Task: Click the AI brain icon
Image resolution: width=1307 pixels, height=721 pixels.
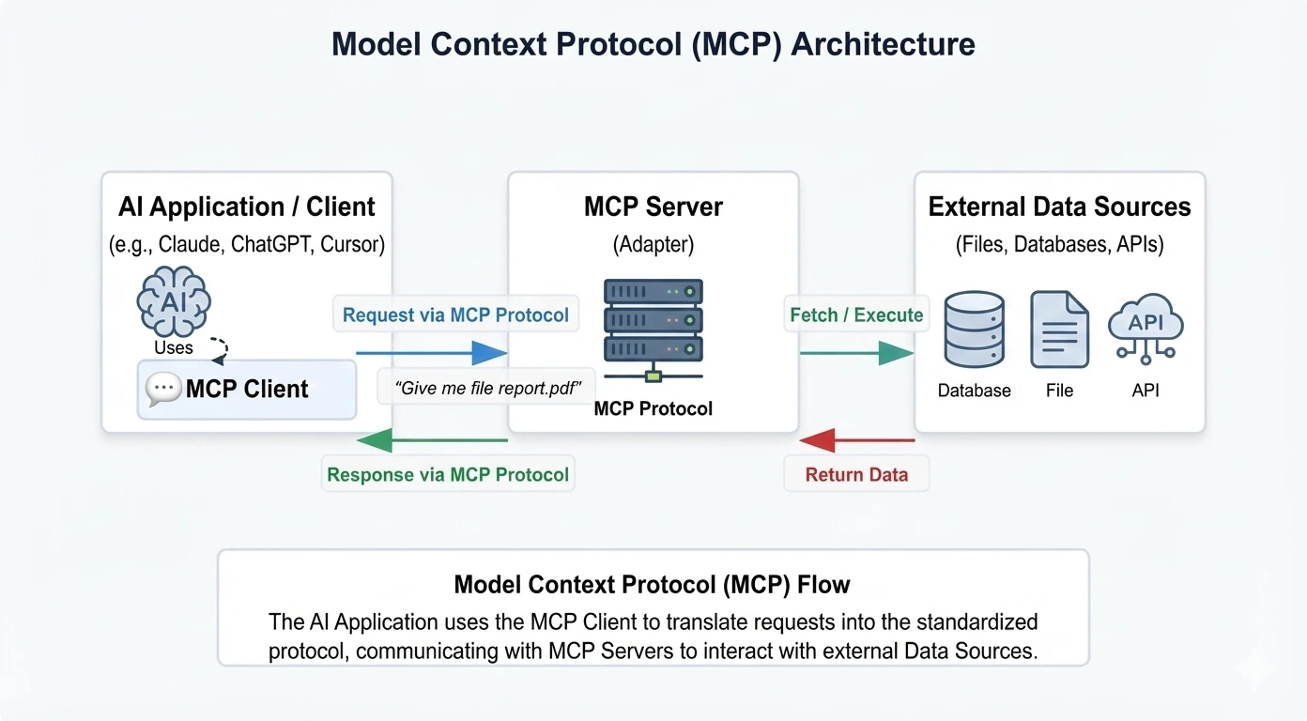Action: [x=174, y=301]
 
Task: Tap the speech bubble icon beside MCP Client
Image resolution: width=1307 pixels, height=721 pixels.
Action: [x=163, y=389]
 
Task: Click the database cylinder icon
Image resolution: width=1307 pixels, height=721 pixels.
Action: [x=974, y=330]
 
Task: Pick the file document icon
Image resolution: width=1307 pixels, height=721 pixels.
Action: [x=1059, y=330]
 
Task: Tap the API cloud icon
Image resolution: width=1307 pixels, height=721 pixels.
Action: [x=1146, y=328]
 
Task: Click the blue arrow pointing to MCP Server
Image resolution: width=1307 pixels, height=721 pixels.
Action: [x=432, y=353]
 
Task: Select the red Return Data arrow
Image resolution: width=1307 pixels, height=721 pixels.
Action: [x=856, y=439]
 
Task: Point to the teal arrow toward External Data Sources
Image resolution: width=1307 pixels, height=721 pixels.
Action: [x=856, y=353]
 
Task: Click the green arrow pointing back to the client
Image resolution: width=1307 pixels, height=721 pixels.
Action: [x=432, y=439]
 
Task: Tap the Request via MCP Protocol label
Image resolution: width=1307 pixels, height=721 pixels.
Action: [x=455, y=315]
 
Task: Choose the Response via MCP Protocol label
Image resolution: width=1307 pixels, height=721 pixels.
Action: [x=448, y=474]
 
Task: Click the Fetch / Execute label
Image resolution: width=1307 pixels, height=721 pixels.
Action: [x=856, y=315]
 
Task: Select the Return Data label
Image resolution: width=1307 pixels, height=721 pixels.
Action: [x=856, y=474]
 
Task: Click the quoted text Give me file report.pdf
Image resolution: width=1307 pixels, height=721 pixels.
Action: [x=486, y=387]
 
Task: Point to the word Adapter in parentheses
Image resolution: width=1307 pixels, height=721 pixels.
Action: [x=653, y=245]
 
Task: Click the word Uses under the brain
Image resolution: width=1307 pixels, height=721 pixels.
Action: [x=174, y=347]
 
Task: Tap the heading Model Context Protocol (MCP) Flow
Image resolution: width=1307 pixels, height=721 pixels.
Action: [x=652, y=585]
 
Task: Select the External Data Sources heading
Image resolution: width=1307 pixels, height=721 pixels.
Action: [x=1059, y=207]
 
